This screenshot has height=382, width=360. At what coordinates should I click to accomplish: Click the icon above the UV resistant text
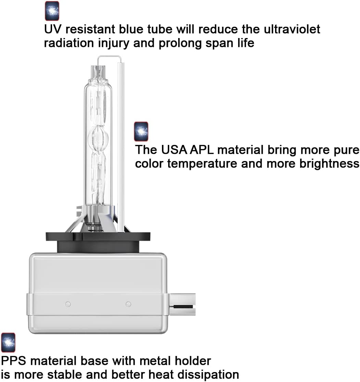52,11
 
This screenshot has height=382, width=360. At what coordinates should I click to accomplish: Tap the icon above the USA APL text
141,132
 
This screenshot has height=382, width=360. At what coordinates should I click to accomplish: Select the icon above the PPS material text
8,343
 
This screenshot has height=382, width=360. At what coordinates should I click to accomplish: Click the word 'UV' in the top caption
53,29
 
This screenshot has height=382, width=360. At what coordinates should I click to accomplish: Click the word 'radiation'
69,43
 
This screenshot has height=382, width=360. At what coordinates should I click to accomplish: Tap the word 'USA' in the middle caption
174,150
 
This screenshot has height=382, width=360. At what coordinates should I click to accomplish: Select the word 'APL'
202,150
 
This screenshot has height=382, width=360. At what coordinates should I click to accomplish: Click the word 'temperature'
202,164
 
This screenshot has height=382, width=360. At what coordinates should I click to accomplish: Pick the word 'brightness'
329,163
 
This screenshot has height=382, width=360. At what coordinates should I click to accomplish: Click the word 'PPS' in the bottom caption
14,361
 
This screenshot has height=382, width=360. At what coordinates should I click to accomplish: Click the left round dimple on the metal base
68,304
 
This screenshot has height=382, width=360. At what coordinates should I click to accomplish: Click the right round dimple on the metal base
128,304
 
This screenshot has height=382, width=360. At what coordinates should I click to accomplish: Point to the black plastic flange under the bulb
98,243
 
